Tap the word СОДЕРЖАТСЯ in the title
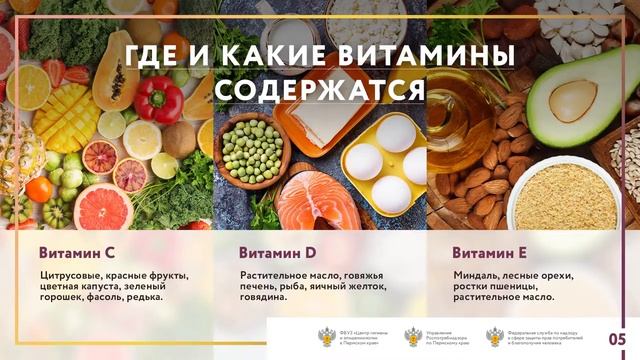[x=320, y=90]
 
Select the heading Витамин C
[x=78, y=252]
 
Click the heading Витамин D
[x=278, y=252]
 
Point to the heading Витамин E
[x=490, y=252]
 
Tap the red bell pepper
[x=158, y=100]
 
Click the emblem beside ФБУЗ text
[x=327, y=337]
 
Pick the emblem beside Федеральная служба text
[x=495, y=337]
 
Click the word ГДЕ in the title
[x=154, y=55]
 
